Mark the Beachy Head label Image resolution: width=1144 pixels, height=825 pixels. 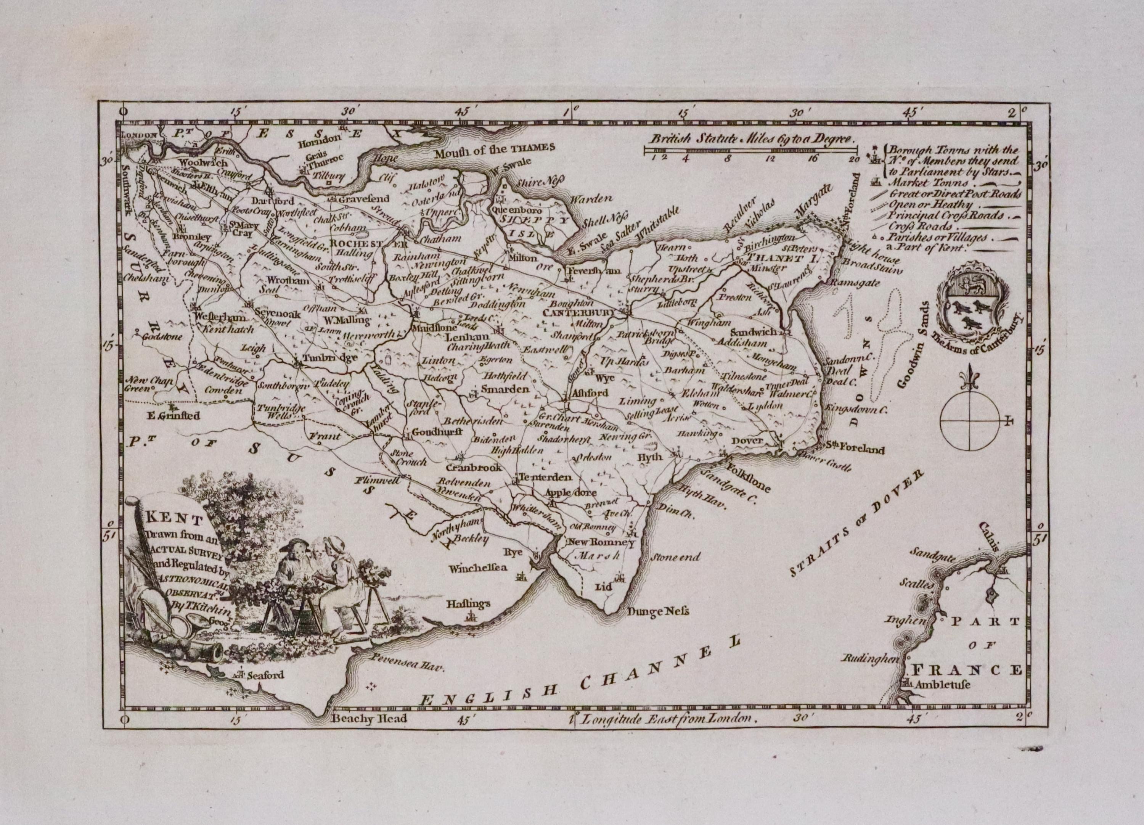tap(369, 718)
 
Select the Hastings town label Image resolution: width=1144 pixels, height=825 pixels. tap(469, 603)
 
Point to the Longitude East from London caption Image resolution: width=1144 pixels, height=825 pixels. tap(667, 719)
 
